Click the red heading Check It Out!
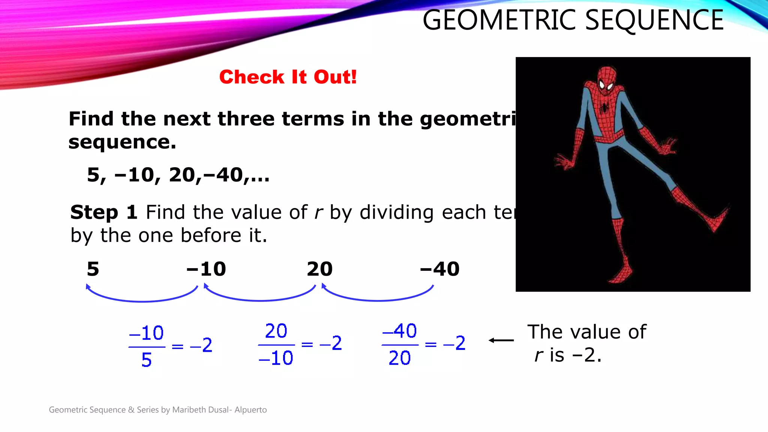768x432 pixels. point(288,77)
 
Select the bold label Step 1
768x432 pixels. point(103,212)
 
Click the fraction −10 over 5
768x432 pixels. point(147,346)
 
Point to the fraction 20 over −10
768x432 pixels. point(276,344)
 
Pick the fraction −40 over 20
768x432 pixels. point(400,344)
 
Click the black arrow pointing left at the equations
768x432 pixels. point(501,340)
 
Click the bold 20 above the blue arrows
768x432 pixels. point(319,269)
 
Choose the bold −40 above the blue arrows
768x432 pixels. point(439,269)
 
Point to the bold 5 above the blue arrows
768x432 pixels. point(93,269)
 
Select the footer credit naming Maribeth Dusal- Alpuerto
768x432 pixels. point(158,410)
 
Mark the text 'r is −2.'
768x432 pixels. point(568,355)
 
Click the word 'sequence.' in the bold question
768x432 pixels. point(122,142)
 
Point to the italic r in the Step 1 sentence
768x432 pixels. point(318,213)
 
